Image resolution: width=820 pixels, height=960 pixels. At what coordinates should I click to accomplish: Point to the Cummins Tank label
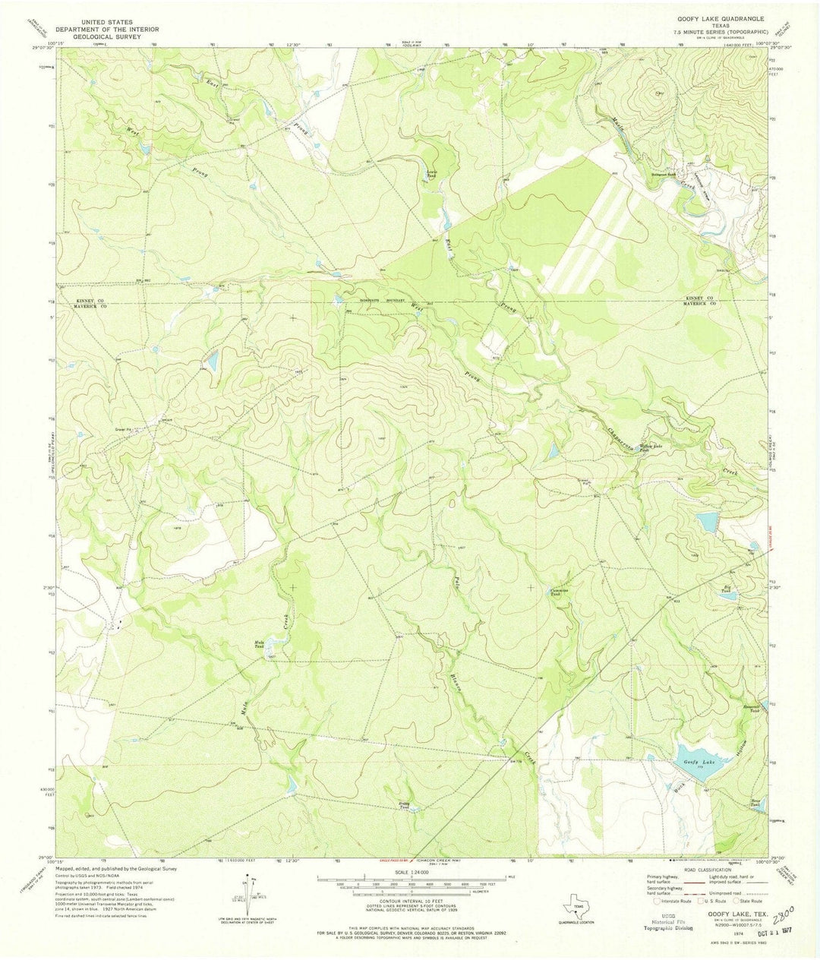560,593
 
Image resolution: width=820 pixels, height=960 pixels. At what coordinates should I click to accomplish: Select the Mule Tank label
259,644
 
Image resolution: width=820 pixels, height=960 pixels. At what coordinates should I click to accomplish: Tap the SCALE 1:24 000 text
410,874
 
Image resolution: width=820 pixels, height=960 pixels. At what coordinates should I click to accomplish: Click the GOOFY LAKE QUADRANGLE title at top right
715,17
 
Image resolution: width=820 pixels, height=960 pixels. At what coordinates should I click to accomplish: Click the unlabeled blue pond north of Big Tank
706,522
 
